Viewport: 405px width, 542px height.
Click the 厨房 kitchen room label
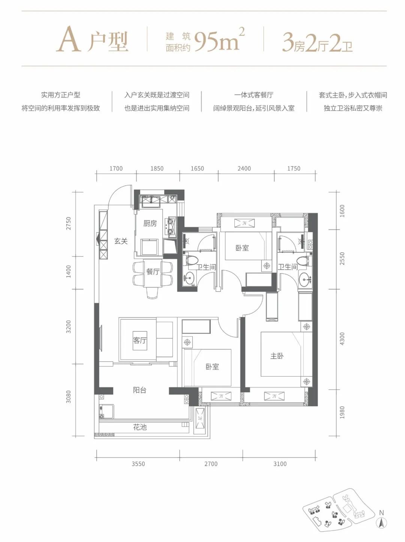click(150, 224)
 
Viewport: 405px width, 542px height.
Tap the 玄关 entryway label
click(121, 241)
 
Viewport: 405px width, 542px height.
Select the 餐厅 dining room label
click(153, 272)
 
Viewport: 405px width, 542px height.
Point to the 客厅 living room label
click(139, 340)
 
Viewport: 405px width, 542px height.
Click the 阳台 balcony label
click(139, 390)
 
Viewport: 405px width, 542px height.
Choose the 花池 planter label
click(139, 427)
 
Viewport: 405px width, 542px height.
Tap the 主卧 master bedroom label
click(277, 356)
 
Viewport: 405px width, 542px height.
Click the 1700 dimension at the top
click(116, 168)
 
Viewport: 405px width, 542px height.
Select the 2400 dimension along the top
click(244, 168)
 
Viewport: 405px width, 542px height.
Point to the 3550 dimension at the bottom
click(138, 464)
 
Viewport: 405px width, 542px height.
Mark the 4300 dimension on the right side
click(342, 339)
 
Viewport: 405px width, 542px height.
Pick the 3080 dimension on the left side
click(69, 396)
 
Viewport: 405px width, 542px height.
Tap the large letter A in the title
click(69, 40)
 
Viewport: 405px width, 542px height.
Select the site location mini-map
click(337, 510)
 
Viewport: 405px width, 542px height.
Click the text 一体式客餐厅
click(253, 95)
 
